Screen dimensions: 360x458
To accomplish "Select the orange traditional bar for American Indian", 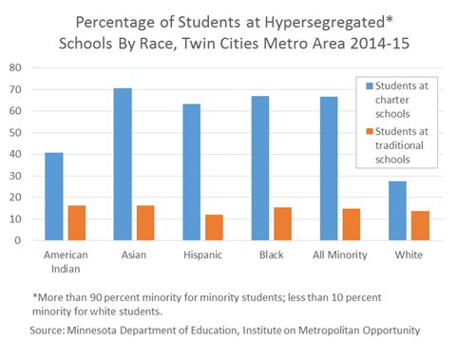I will coord(77,223).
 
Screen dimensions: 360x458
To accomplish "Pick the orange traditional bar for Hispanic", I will coord(214,228).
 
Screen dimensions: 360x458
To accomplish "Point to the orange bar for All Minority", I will coord(351,224).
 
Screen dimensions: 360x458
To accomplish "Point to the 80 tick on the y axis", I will coord(17,67).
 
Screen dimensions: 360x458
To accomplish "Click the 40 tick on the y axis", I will coord(17,154).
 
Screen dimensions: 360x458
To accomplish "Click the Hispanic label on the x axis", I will coord(202,256).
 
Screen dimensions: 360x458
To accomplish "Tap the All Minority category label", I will coord(339,256).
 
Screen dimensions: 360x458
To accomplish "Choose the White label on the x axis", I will coord(408,256).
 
